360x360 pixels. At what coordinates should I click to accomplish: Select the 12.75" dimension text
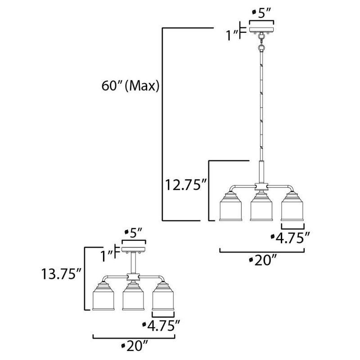pos(185,184)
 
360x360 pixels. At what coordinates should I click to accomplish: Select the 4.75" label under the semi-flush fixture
pos(164,325)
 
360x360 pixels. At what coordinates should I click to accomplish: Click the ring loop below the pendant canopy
pos(261,46)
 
